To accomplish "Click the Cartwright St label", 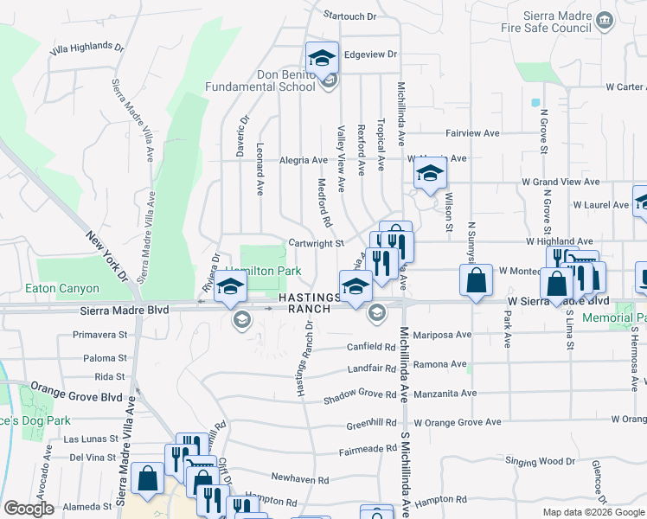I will point(316,244).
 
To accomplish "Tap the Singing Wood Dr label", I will point(540,461).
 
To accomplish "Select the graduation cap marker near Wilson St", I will point(429,173).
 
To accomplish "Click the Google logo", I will point(29,509).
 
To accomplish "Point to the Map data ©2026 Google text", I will point(593,512).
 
